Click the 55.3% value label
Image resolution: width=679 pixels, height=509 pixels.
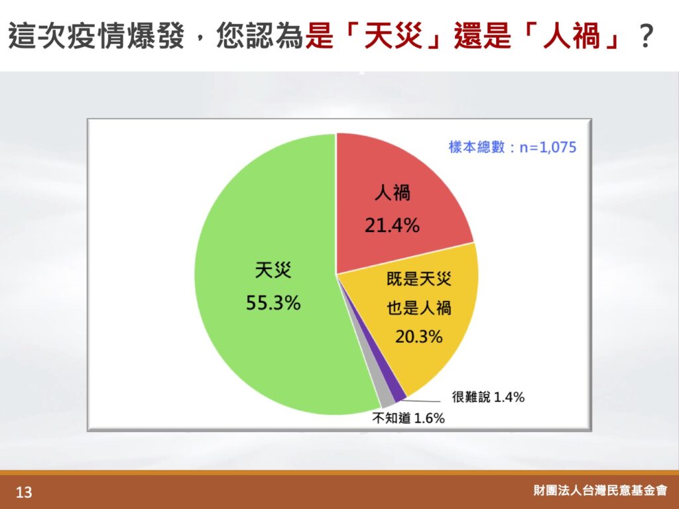point(273,302)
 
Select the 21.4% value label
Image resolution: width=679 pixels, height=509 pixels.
point(392,225)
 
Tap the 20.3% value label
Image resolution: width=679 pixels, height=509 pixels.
point(419,336)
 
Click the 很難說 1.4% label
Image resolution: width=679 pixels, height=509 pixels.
point(488,397)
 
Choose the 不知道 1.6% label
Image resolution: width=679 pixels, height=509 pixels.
point(408,418)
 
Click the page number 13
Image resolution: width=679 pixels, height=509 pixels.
point(24,492)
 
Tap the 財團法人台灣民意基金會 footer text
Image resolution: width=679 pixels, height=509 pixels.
point(600,490)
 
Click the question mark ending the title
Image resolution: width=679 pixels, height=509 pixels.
point(645,36)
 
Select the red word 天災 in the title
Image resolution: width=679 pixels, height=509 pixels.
point(393,36)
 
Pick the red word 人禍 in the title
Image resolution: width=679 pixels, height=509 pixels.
point(572,36)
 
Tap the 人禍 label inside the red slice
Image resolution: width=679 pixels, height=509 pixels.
point(393,193)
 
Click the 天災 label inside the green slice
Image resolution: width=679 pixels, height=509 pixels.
point(273,270)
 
